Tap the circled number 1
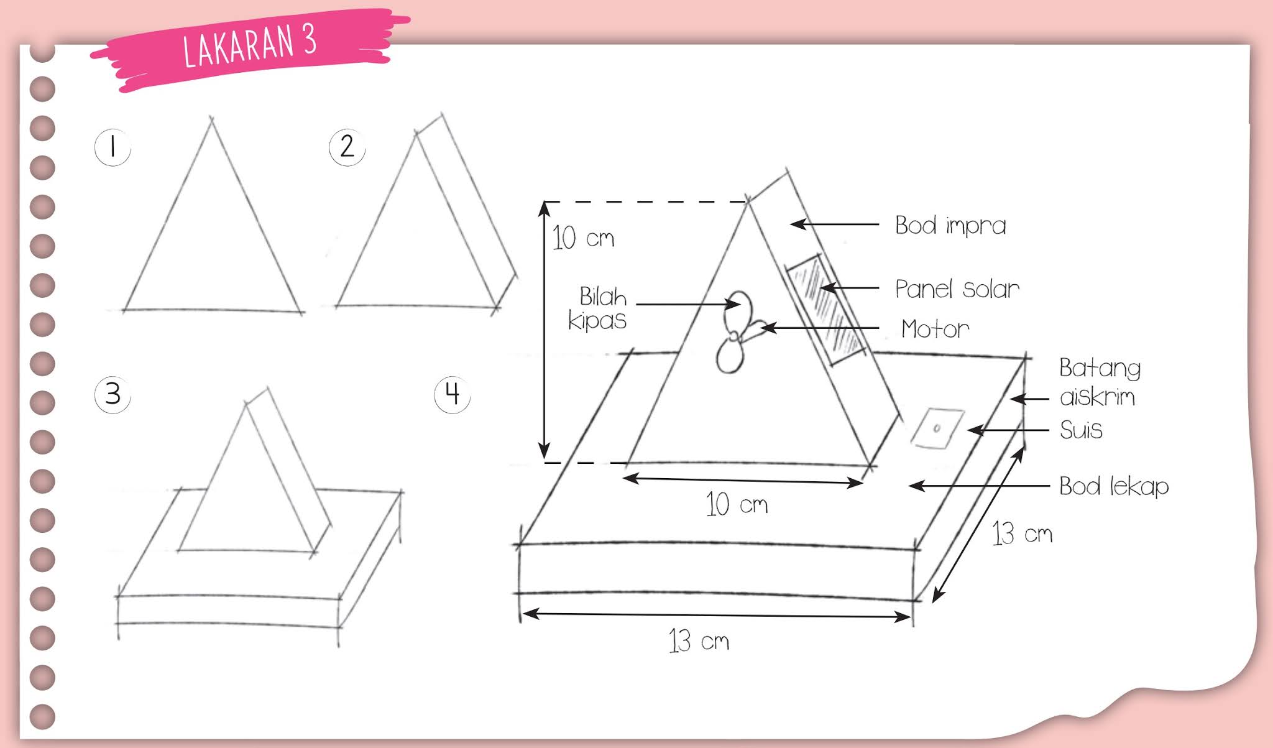[x=113, y=147]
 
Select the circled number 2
[x=347, y=147]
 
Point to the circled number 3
[x=113, y=394]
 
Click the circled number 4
[x=452, y=394]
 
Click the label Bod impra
[x=950, y=226]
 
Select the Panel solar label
[x=957, y=289]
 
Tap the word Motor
[x=935, y=329]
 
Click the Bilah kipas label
[x=597, y=308]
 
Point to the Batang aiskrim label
[x=1100, y=382]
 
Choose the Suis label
[x=1081, y=430]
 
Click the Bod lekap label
[x=1114, y=486]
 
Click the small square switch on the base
[x=937, y=428]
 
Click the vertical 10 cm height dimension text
[x=583, y=238]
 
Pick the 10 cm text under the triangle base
[x=737, y=504]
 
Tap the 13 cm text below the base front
[x=699, y=640]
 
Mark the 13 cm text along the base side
[x=1022, y=533]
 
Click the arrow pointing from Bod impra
[x=834, y=224]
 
